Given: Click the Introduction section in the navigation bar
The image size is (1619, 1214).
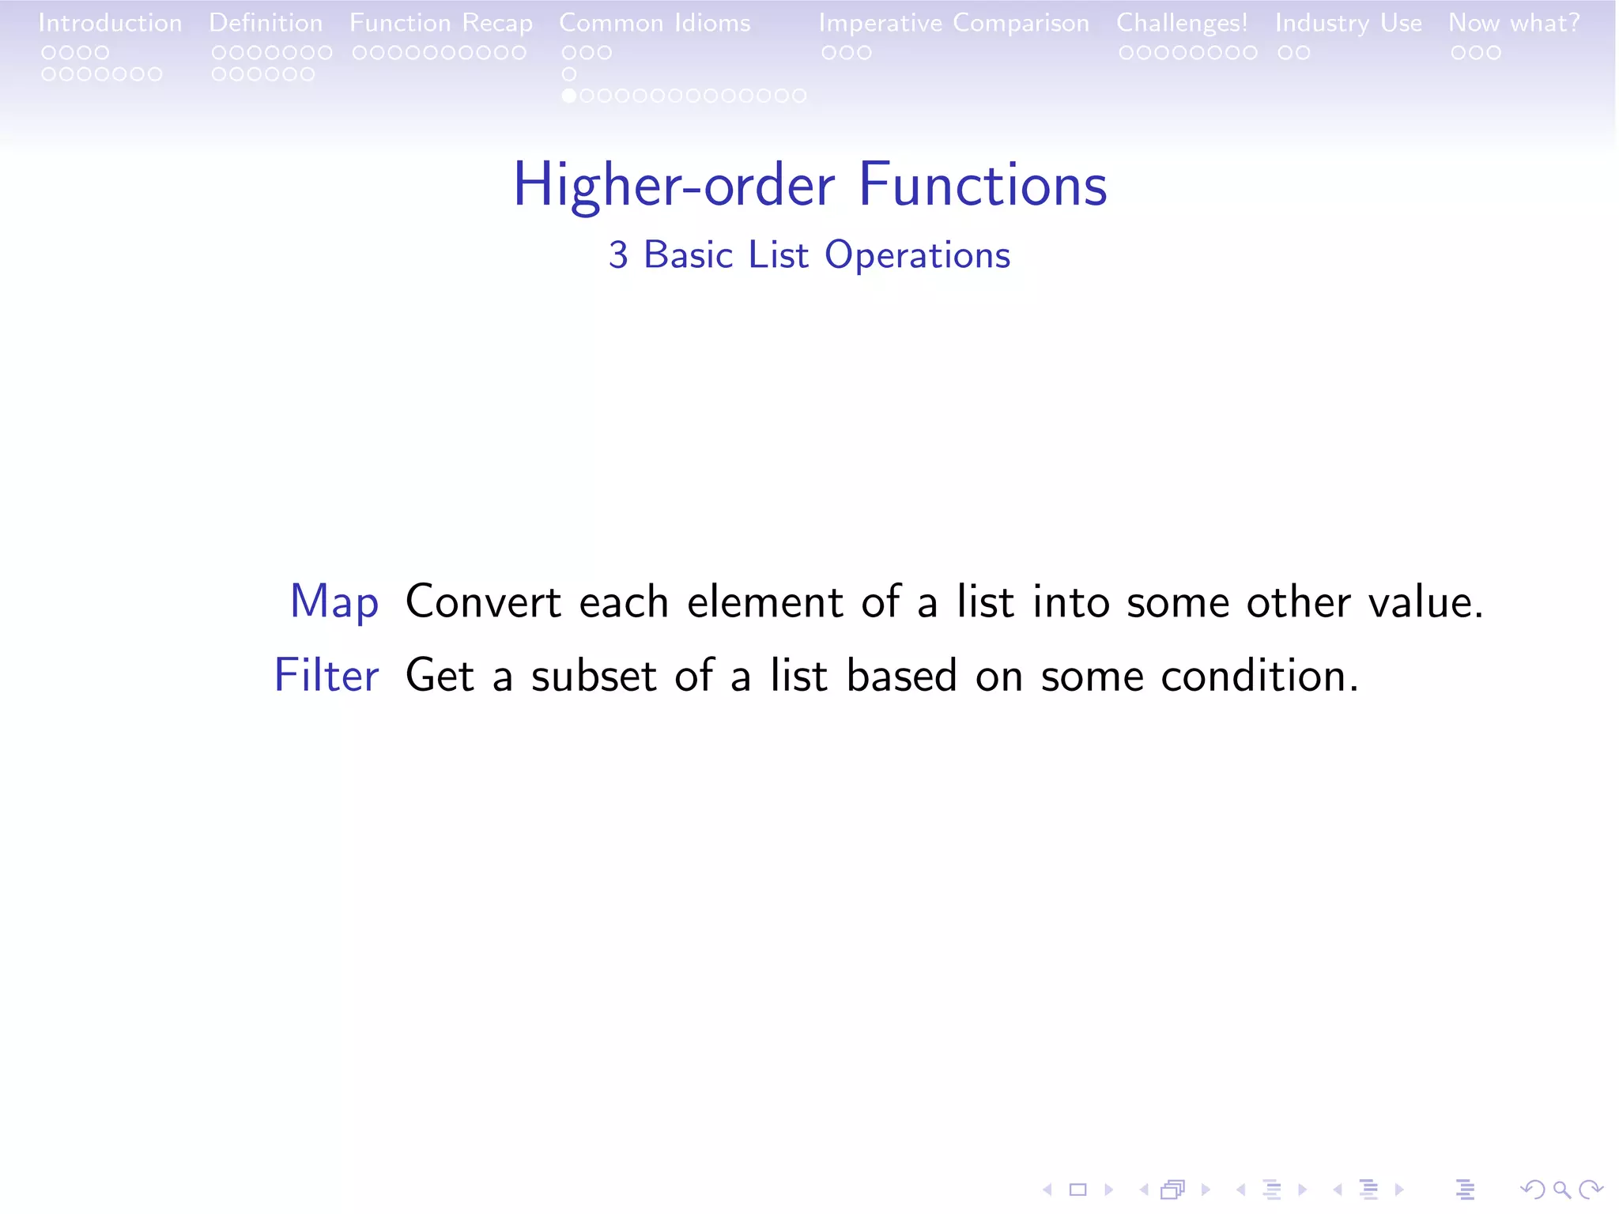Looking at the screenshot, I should point(110,23).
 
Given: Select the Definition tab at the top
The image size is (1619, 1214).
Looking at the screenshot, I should point(266,23).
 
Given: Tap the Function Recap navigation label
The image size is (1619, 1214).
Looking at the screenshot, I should point(441,23).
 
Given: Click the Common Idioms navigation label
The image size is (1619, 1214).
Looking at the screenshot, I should point(655,23).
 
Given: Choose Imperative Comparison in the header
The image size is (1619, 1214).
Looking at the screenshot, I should point(953,23).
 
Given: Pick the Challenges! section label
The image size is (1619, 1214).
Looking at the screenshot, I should point(1182,23).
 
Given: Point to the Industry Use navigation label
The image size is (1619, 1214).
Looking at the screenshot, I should point(1348,23).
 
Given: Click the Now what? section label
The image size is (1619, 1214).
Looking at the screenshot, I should point(1514,23).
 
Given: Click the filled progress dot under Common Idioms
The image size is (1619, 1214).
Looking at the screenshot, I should point(568,96).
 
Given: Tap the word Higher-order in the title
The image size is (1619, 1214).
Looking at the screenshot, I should point(674,185).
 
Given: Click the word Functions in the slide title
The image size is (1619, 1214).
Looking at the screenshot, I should point(983,185).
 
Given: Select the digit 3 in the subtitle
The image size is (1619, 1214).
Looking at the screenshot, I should point(618,255).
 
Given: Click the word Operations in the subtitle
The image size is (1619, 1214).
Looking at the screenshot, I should point(917,255).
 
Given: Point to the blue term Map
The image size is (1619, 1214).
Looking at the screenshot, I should point(334,602).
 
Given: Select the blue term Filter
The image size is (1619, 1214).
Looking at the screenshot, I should point(326,676).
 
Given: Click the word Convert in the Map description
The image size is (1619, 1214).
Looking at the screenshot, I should point(483,602).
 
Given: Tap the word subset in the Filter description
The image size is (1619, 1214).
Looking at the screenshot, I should point(594,677).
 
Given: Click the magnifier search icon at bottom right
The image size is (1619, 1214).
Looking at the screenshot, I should point(1561,1189).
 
